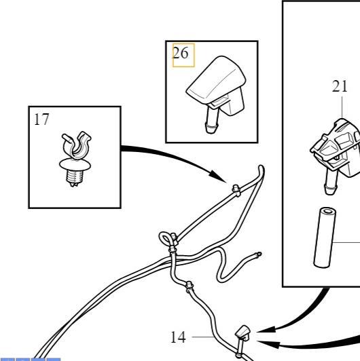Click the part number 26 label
pos(181,53)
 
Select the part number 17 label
pos(41,119)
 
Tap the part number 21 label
pos(340,87)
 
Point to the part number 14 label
pos(178,337)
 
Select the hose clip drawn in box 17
pos(75,159)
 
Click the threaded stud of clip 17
pos(73,178)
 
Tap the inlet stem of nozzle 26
pos(212,120)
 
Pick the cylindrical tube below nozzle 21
pos(325,237)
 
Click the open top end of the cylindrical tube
pos(328,211)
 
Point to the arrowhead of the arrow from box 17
pos(218,176)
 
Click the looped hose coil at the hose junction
pos(165,239)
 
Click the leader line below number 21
pos(342,107)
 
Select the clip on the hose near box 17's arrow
pos(236,191)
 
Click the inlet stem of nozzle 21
pos(331,183)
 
